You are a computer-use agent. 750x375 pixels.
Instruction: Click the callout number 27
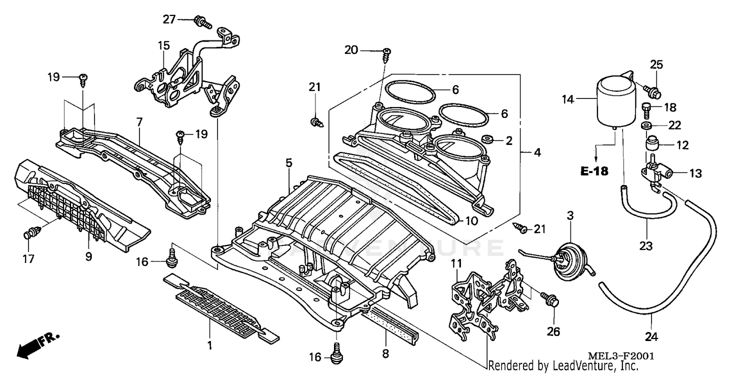tap(169, 19)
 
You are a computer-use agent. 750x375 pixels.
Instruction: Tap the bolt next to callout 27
tap(202, 21)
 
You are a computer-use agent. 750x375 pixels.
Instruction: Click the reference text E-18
tap(594, 171)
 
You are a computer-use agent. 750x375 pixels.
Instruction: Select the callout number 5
tap(288, 162)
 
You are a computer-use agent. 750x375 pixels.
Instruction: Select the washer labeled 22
tap(647, 124)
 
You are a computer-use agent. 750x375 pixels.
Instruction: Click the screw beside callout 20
tap(386, 55)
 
